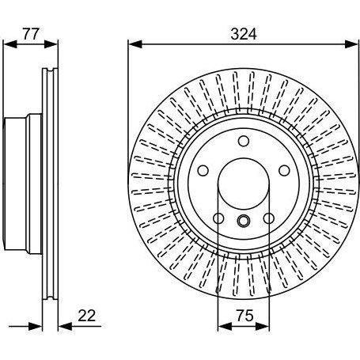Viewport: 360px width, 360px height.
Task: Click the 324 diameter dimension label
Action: point(244,34)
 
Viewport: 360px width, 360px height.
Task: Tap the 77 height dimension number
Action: point(31,34)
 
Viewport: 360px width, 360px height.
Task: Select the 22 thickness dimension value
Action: point(87,316)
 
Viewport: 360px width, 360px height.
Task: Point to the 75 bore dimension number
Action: point(244,316)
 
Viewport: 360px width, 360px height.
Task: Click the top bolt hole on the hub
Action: point(244,141)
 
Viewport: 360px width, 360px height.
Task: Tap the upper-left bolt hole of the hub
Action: point(203,171)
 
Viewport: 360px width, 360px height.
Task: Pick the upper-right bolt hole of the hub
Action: point(284,171)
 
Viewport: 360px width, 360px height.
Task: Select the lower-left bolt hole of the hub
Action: point(218,218)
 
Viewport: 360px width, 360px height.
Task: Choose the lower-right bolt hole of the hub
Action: point(269,218)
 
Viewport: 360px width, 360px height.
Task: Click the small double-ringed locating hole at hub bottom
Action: point(244,221)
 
